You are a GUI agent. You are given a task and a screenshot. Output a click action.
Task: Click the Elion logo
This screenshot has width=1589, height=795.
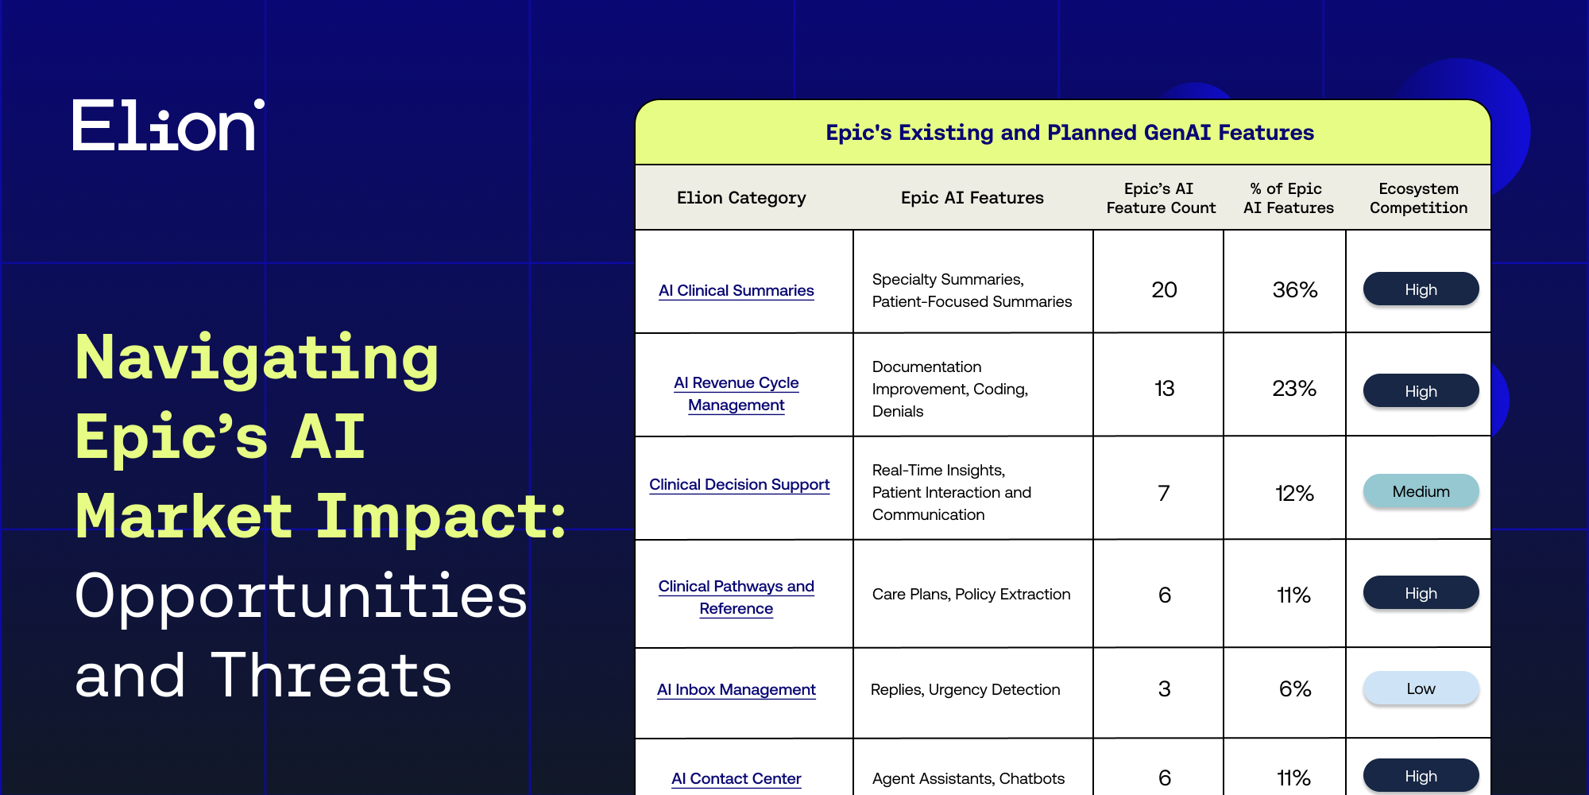click(x=168, y=125)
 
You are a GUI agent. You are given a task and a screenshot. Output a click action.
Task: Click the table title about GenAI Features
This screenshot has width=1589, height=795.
click(x=1069, y=133)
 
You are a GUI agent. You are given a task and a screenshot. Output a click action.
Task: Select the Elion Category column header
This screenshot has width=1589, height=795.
click(x=741, y=198)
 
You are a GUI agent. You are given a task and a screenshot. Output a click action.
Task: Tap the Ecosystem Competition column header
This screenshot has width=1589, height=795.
click(x=1418, y=198)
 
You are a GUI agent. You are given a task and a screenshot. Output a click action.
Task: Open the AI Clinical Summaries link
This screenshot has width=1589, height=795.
click(x=737, y=291)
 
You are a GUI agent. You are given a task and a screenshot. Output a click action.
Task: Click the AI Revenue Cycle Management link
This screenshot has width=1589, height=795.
click(x=737, y=394)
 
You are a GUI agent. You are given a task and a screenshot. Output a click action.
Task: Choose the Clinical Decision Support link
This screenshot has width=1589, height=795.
click(x=740, y=485)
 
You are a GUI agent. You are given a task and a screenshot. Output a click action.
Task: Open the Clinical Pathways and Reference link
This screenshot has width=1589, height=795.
click(x=737, y=597)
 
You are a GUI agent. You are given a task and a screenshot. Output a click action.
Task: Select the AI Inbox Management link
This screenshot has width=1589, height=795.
click(x=737, y=690)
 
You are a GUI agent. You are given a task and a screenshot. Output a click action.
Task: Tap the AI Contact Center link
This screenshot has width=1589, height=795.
click(x=737, y=779)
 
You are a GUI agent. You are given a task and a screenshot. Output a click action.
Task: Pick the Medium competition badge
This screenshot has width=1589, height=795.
click(x=1421, y=491)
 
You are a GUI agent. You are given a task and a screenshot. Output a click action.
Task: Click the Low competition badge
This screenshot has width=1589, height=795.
click(x=1421, y=688)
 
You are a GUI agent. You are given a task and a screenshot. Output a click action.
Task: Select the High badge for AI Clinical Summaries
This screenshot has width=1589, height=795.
click(x=1421, y=289)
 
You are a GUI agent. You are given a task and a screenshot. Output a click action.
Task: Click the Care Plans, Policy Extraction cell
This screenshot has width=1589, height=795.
click(x=972, y=595)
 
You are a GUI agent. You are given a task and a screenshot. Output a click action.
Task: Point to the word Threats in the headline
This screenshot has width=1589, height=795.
click(x=331, y=676)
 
